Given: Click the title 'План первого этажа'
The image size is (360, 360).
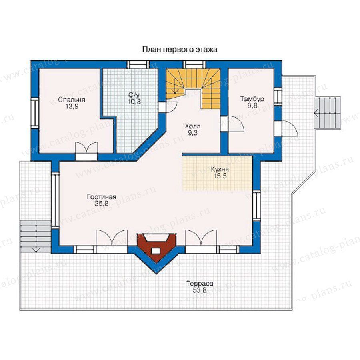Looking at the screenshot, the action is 180,50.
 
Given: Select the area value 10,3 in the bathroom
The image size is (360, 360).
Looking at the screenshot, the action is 134,102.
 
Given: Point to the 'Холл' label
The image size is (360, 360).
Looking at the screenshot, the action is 192,126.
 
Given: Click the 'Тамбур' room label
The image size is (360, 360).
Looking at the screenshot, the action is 252,99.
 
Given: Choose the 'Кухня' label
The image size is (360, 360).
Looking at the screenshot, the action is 220,170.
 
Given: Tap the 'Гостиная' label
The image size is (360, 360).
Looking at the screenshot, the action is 102,197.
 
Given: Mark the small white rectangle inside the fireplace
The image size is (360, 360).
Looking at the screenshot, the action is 156,251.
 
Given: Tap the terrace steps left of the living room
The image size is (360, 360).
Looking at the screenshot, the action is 36,236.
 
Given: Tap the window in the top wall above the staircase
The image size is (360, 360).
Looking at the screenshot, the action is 195,64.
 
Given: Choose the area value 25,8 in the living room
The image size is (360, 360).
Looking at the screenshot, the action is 101,203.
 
